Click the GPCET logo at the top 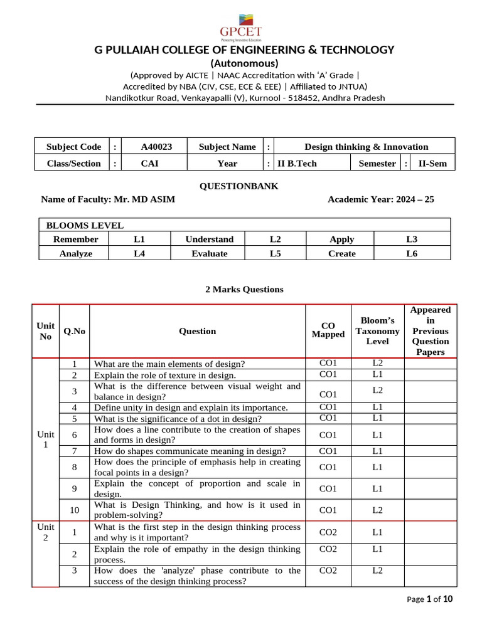click(x=240, y=25)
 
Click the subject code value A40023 click(x=156, y=147)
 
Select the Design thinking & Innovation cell click(x=366, y=147)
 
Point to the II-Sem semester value click(x=432, y=163)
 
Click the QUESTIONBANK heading click(x=238, y=186)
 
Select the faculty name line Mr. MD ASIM click(x=108, y=199)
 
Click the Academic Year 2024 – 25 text click(x=380, y=199)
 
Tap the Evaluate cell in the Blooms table click(x=209, y=253)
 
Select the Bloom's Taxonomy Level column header click(x=377, y=331)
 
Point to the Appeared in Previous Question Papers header click(x=430, y=330)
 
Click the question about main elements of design click(x=169, y=364)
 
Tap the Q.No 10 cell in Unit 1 click(x=74, y=510)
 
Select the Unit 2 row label click(x=45, y=532)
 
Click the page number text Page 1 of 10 click(x=429, y=599)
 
